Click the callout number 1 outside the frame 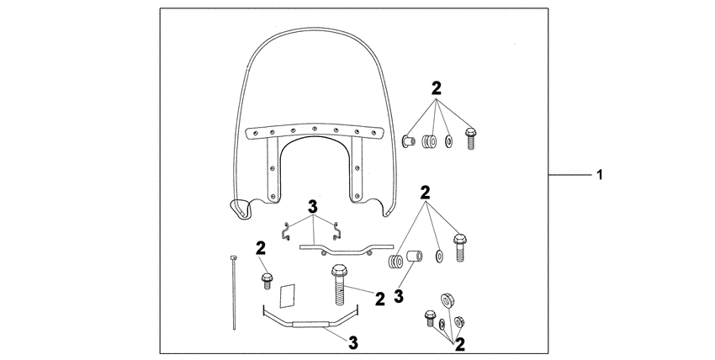point(600,174)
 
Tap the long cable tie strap point(234,293)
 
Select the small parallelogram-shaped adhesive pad point(288,295)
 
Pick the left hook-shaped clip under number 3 point(286,231)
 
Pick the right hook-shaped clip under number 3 point(337,231)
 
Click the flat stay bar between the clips point(347,249)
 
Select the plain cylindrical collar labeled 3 point(414,256)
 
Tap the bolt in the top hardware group point(470,139)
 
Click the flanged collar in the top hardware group point(408,141)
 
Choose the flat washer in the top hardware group point(448,141)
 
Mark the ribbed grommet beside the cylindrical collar point(395,262)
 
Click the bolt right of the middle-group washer point(460,247)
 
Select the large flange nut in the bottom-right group point(447,300)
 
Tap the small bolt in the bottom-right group point(430,318)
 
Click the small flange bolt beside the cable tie point(267,281)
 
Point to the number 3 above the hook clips point(312,206)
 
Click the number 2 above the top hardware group point(437,88)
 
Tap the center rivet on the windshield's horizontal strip point(315,129)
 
